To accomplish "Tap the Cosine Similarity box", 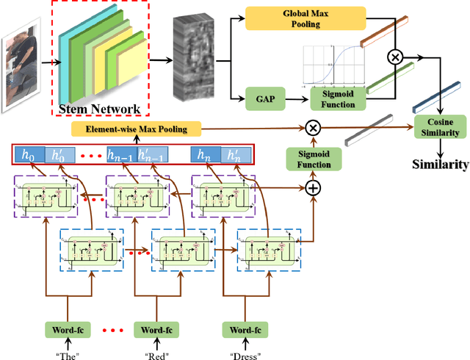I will pos(440,127).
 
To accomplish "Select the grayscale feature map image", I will pos(192,58).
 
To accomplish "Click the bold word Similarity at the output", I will pos(439,165).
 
